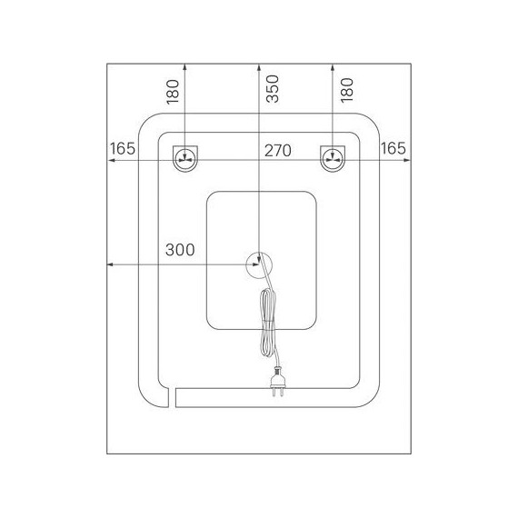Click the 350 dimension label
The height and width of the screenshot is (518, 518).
point(273,89)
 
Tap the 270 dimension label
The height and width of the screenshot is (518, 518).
point(278,151)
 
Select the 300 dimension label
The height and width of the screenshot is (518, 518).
point(180,250)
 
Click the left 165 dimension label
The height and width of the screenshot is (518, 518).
point(123,149)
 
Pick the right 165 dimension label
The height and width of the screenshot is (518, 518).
point(393,148)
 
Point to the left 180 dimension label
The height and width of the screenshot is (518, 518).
point(173,92)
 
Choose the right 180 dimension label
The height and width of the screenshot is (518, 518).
point(347,90)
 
